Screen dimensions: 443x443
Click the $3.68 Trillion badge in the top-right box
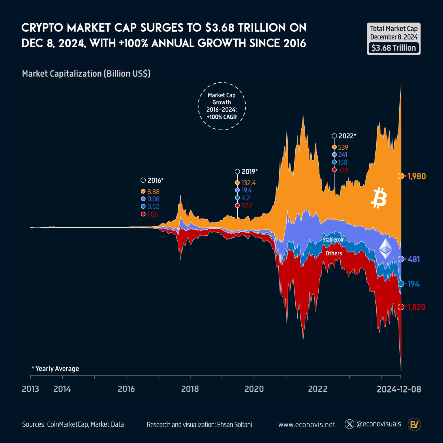point(393,48)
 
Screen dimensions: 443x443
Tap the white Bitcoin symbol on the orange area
point(378,198)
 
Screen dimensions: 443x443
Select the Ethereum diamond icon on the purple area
point(385,249)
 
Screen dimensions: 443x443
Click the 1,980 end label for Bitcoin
point(416,176)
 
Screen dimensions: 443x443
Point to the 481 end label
point(414,259)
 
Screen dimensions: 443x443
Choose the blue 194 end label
point(413,284)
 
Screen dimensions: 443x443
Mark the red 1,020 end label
point(416,307)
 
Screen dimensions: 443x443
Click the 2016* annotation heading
point(155,181)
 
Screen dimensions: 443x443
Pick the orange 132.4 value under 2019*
point(248,183)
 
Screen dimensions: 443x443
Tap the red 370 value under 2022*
point(343,170)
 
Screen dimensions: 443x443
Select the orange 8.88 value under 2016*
point(153,192)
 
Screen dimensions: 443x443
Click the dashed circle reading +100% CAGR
point(221,106)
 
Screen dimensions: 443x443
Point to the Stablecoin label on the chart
point(333,240)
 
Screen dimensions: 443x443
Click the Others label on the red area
point(334,253)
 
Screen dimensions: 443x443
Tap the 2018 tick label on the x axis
point(190,389)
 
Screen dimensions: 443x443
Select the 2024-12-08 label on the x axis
point(399,389)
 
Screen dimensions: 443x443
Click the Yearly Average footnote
point(55,369)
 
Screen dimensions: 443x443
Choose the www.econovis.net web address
point(307,425)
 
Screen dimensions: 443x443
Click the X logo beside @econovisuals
point(349,424)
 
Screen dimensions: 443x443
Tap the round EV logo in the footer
point(414,425)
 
